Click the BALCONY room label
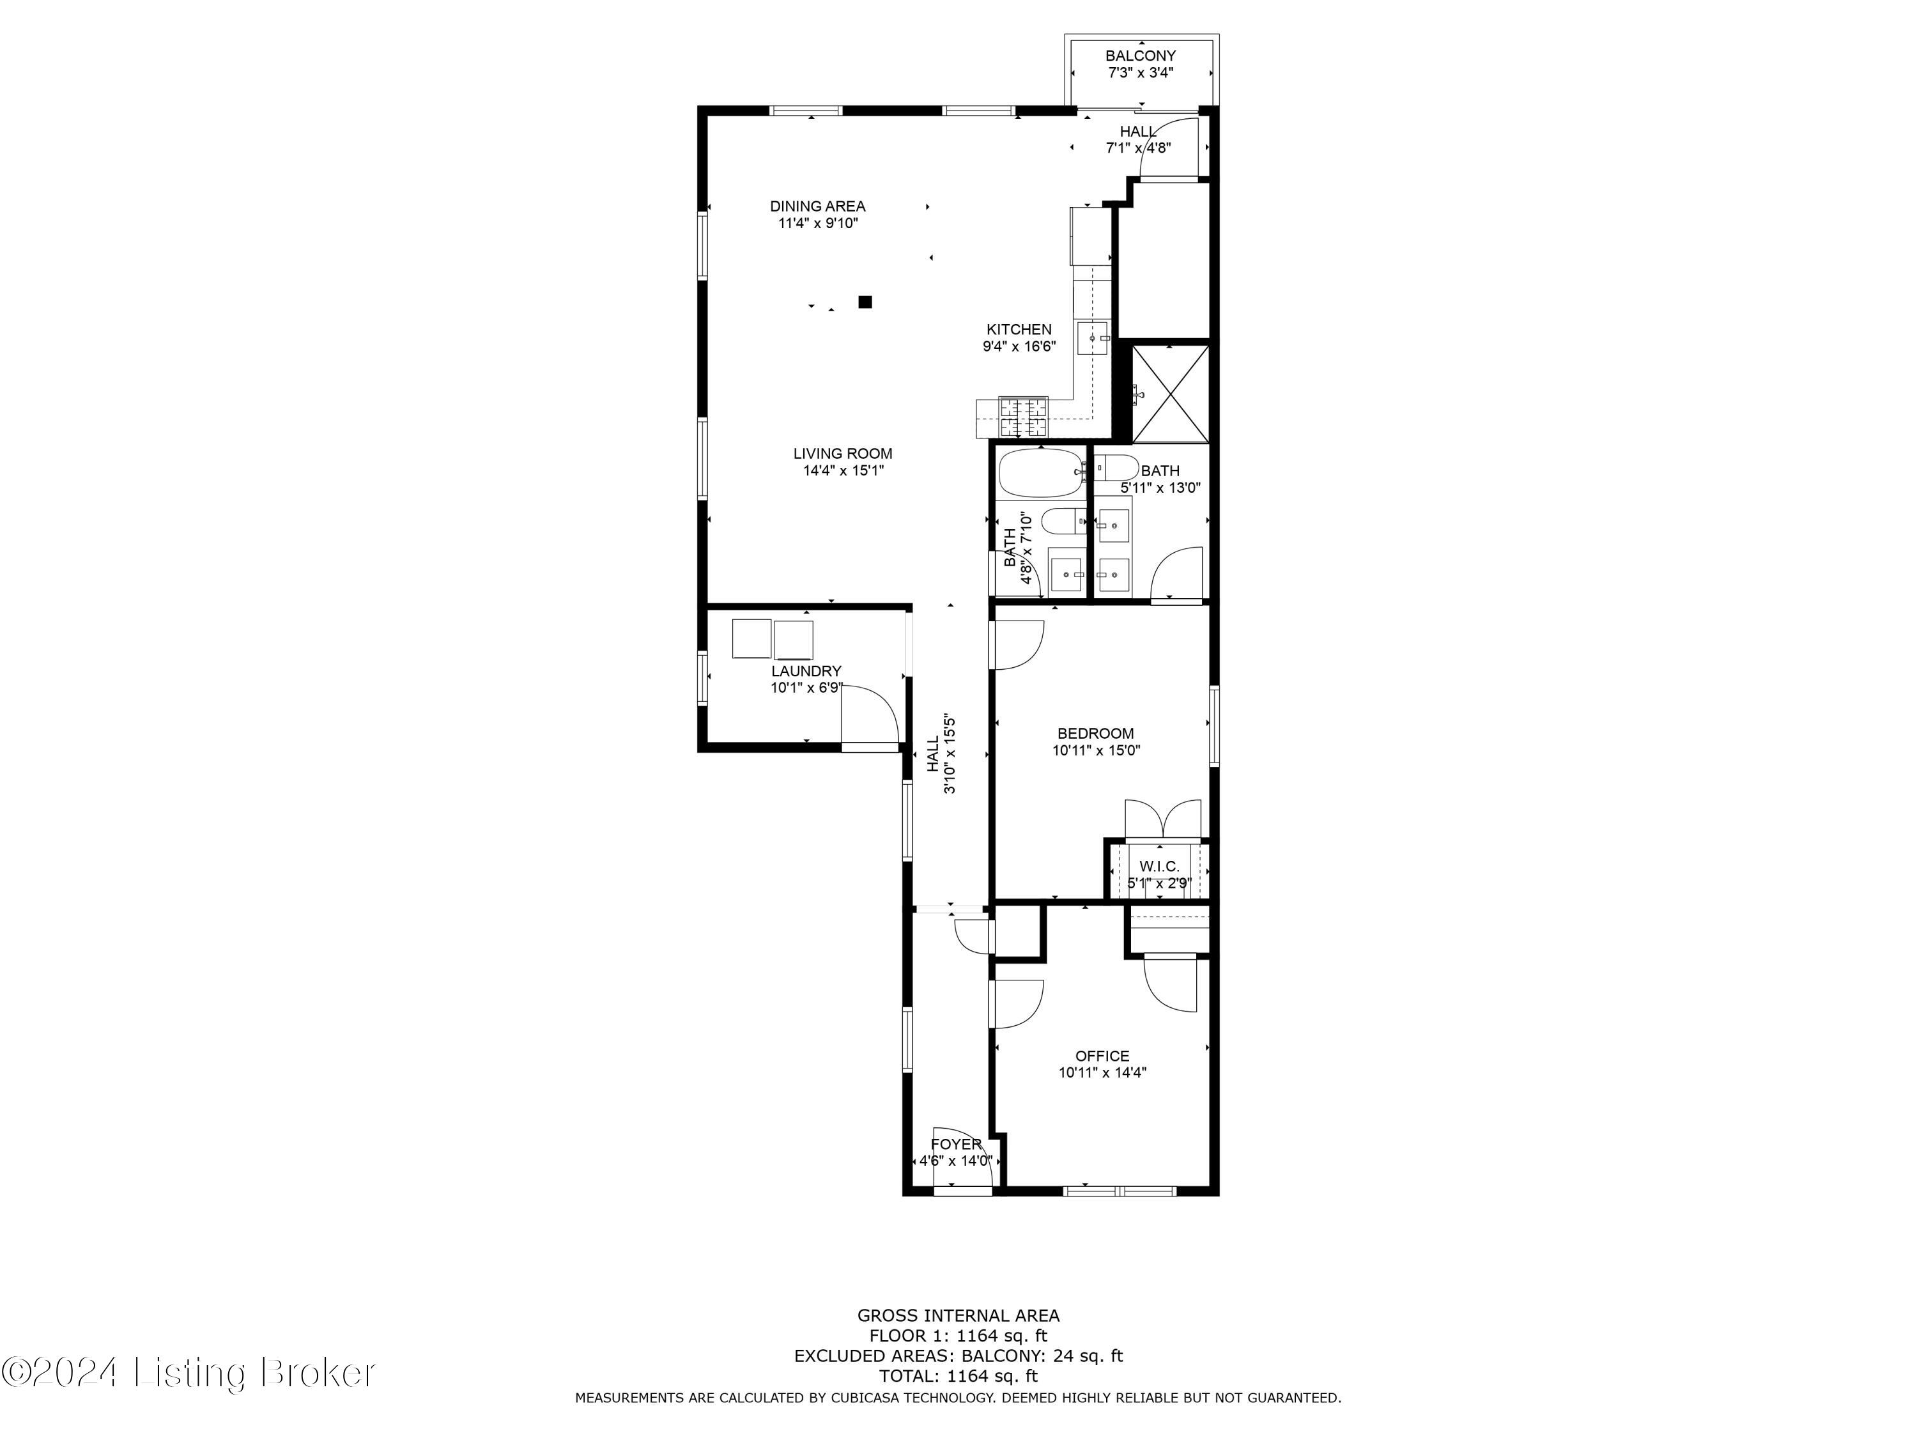coord(1141,56)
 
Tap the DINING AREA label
coord(817,206)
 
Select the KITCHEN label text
coord(1019,329)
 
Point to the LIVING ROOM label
coord(842,453)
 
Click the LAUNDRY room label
coord(806,671)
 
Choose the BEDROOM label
coord(1095,733)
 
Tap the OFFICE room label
coord(1102,1056)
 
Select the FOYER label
coord(956,1144)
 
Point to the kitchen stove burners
coord(1024,417)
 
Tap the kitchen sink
coord(1093,338)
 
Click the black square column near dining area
coord(865,302)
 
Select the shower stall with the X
coord(1170,394)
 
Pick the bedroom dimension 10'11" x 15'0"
coord(1097,751)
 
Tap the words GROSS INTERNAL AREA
coord(958,1316)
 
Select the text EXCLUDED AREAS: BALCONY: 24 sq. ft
coord(958,1356)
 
